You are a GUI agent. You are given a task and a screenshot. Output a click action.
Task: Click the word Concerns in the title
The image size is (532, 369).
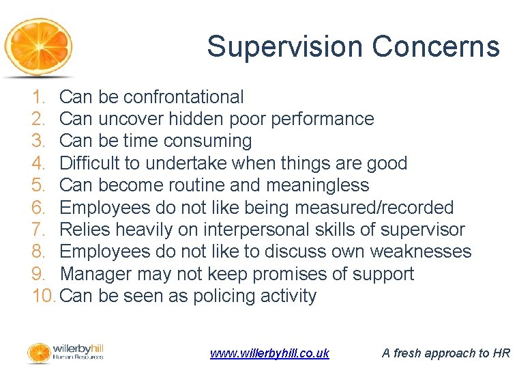(x=436, y=46)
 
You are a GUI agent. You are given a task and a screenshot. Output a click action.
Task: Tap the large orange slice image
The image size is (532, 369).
(x=38, y=48)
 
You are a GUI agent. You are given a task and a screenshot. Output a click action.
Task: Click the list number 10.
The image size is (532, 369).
(x=44, y=296)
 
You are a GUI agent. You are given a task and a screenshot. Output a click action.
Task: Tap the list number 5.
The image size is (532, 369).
(x=39, y=185)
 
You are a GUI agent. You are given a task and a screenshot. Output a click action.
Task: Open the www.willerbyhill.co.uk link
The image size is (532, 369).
(x=269, y=353)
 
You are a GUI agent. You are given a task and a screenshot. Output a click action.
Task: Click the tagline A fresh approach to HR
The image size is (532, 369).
(x=445, y=353)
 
